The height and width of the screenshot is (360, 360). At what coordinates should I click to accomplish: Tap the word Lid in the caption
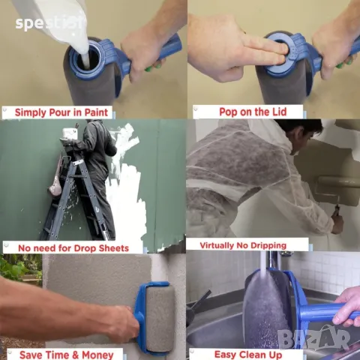tap(277, 112)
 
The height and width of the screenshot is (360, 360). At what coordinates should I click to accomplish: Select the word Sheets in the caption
tap(114, 248)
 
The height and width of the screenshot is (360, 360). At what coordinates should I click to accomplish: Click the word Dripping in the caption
tap(268, 246)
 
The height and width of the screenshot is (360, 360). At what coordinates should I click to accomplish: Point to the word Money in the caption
tap(97, 355)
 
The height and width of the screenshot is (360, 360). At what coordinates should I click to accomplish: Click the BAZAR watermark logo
tap(313, 339)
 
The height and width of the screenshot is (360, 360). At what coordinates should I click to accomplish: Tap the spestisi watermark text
tap(49, 23)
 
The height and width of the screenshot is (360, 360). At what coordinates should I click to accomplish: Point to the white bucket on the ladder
tap(69, 133)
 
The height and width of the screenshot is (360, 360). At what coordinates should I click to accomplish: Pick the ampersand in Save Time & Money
tap(76, 355)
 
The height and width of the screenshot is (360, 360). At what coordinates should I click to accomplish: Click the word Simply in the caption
tap(31, 112)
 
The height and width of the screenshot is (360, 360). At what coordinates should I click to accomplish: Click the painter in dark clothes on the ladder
tap(97, 175)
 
